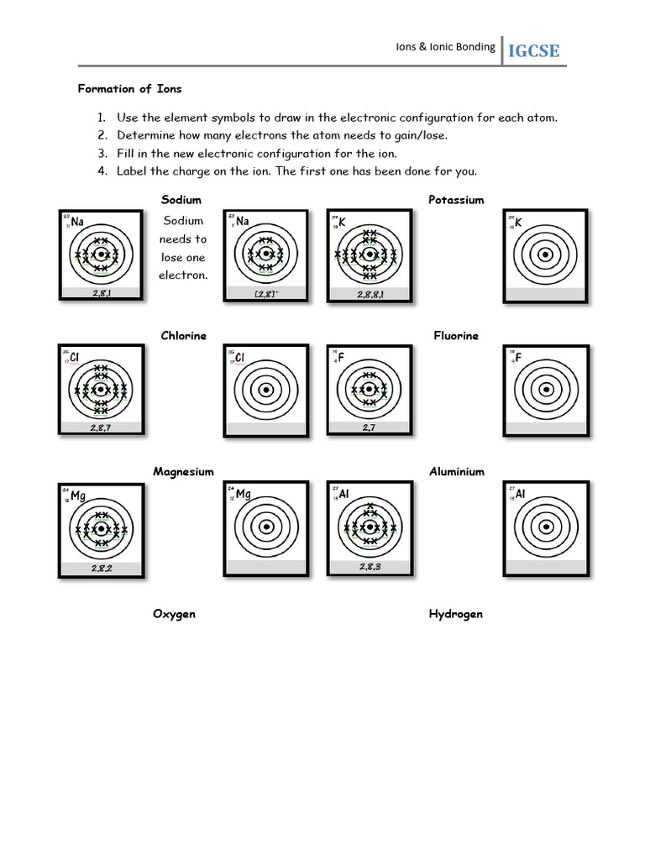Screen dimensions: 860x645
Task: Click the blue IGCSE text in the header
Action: coord(532,51)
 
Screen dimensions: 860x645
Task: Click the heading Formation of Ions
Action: coord(129,88)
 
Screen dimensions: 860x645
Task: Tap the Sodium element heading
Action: coord(181,200)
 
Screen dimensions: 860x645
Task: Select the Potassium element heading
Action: coord(456,200)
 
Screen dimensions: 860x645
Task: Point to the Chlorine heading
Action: coord(183,336)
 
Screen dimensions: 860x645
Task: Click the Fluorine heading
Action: coord(456,336)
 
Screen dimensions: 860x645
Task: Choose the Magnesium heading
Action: coord(183,472)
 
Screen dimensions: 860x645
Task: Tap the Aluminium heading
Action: coord(457,472)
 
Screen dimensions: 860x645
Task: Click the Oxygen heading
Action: coord(174,614)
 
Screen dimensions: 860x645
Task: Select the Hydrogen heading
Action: coord(456,614)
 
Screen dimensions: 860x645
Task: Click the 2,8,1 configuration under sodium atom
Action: coord(100,293)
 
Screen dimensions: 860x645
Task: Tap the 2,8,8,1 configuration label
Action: coord(370,295)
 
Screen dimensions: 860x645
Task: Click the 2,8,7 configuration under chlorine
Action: coord(101,428)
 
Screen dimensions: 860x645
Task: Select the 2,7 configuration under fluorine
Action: coord(369,428)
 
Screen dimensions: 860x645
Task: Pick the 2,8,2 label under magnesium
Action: coord(101,569)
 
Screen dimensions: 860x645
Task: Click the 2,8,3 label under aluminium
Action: coord(370,567)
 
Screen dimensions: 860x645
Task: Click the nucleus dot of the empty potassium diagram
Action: coord(545,254)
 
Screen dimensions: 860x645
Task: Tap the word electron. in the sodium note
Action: coord(183,275)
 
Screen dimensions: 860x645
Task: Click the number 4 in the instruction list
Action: coord(102,171)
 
